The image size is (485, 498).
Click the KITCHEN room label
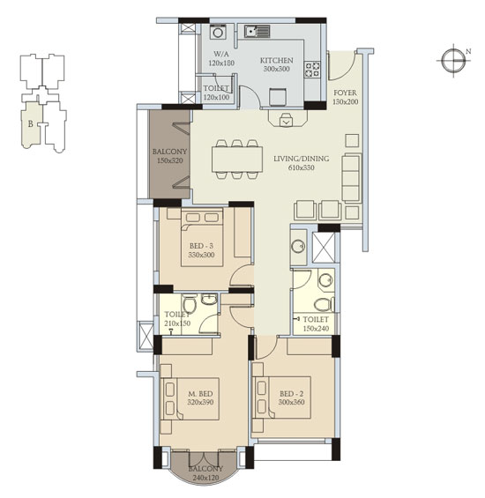tap(277, 60)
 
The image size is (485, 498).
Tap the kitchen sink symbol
tap(257, 31)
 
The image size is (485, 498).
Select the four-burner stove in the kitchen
tap(312, 70)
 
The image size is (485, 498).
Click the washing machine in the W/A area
tap(218, 33)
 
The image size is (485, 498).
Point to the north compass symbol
tap(453, 60)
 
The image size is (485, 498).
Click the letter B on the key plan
tap(31, 123)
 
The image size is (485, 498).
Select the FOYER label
tap(345, 93)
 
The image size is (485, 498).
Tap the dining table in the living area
tap(237, 160)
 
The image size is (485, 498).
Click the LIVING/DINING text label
tap(302, 159)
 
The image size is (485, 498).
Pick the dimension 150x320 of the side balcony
tap(169, 160)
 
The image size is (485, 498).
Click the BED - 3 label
tap(201, 246)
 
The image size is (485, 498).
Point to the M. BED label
tap(200, 394)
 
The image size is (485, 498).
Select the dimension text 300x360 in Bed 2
tap(292, 402)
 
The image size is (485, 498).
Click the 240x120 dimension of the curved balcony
tap(205, 478)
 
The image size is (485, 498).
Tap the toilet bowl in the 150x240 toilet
tap(324, 304)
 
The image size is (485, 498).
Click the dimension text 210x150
tap(177, 323)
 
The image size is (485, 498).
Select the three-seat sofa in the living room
tap(352, 178)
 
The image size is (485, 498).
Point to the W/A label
tap(221, 54)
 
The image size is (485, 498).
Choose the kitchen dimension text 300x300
tap(277, 69)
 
